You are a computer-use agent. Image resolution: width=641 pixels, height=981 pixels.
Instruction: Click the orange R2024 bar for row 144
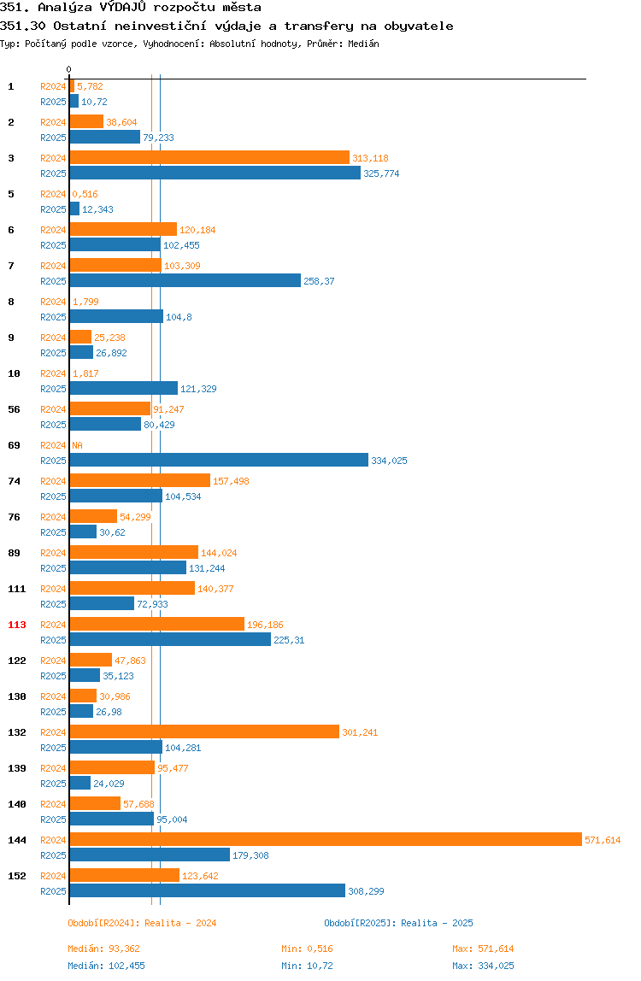pyautogui.click(x=326, y=840)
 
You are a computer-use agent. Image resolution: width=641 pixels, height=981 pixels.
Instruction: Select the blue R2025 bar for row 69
pyautogui.click(x=219, y=461)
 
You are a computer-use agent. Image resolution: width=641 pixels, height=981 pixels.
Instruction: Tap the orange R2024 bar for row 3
pyautogui.click(x=209, y=157)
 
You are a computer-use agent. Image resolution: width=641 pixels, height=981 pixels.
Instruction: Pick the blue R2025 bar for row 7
pyautogui.click(x=185, y=281)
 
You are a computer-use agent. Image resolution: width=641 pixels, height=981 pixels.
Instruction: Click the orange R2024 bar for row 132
pyautogui.click(x=205, y=732)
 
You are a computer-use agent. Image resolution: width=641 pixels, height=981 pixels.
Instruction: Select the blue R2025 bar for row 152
pyautogui.click(x=207, y=891)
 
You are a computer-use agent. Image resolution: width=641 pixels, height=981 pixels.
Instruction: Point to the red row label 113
pyautogui.click(x=17, y=625)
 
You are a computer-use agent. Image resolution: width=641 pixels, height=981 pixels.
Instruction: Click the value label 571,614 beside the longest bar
pyautogui.click(x=603, y=840)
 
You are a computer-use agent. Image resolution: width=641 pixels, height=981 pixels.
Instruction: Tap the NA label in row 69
pyautogui.click(x=77, y=445)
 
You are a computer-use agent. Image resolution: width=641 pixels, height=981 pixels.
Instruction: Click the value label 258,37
pyautogui.click(x=320, y=281)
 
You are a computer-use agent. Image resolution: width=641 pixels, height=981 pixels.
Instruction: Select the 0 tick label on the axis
pyautogui.click(x=69, y=69)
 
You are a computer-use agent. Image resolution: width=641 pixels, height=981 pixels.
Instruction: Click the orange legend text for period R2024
pyautogui.click(x=142, y=923)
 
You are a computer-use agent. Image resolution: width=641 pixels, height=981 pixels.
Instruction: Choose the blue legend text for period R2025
pyautogui.click(x=399, y=923)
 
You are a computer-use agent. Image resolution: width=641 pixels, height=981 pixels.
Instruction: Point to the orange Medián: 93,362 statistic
pyautogui.click(x=104, y=949)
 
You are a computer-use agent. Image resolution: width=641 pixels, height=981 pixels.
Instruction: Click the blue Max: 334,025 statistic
pyautogui.click(x=483, y=966)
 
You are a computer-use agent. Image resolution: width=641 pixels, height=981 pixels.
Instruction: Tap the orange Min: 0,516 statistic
pyautogui.click(x=308, y=949)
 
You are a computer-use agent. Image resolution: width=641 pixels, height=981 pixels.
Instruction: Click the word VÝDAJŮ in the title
pyautogui.click(x=123, y=8)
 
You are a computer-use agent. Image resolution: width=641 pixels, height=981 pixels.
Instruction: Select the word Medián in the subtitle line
pyautogui.click(x=363, y=44)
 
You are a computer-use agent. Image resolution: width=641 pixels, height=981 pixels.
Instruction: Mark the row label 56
pyautogui.click(x=14, y=409)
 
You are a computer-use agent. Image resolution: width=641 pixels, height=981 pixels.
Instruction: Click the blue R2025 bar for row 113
pyautogui.click(x=170, y=639)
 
